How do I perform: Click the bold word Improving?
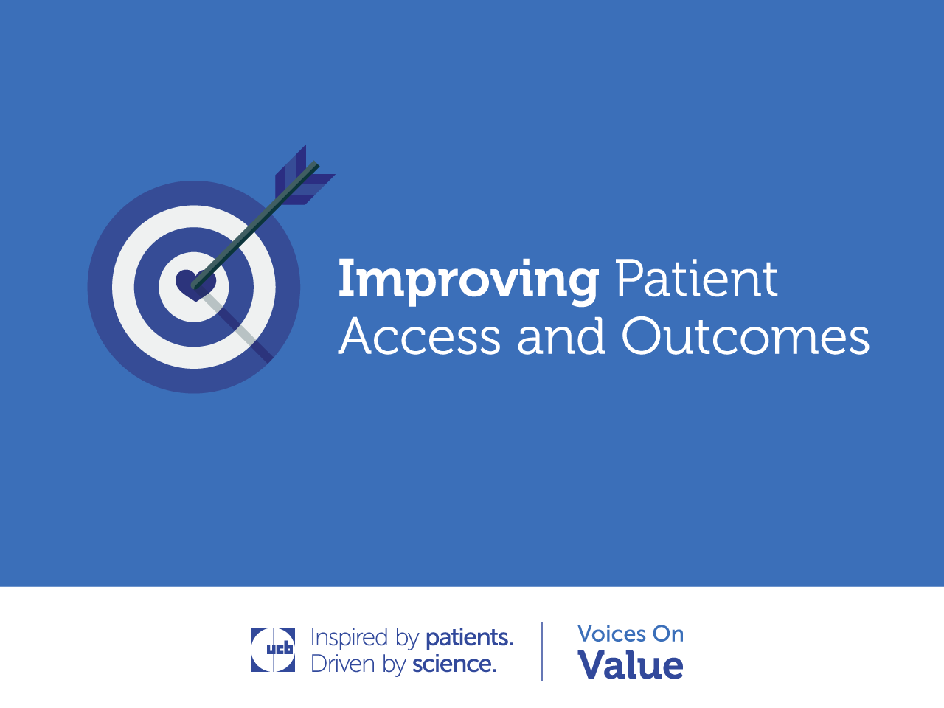468,281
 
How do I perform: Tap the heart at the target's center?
195,285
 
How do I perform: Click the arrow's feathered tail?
305,176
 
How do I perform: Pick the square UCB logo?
273,650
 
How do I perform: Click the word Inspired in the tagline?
349,637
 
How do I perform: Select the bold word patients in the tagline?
469,637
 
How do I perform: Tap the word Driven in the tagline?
343,664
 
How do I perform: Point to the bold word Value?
631,664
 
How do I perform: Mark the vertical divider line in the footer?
542,651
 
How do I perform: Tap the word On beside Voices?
668,634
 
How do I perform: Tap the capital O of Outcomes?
641,336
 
